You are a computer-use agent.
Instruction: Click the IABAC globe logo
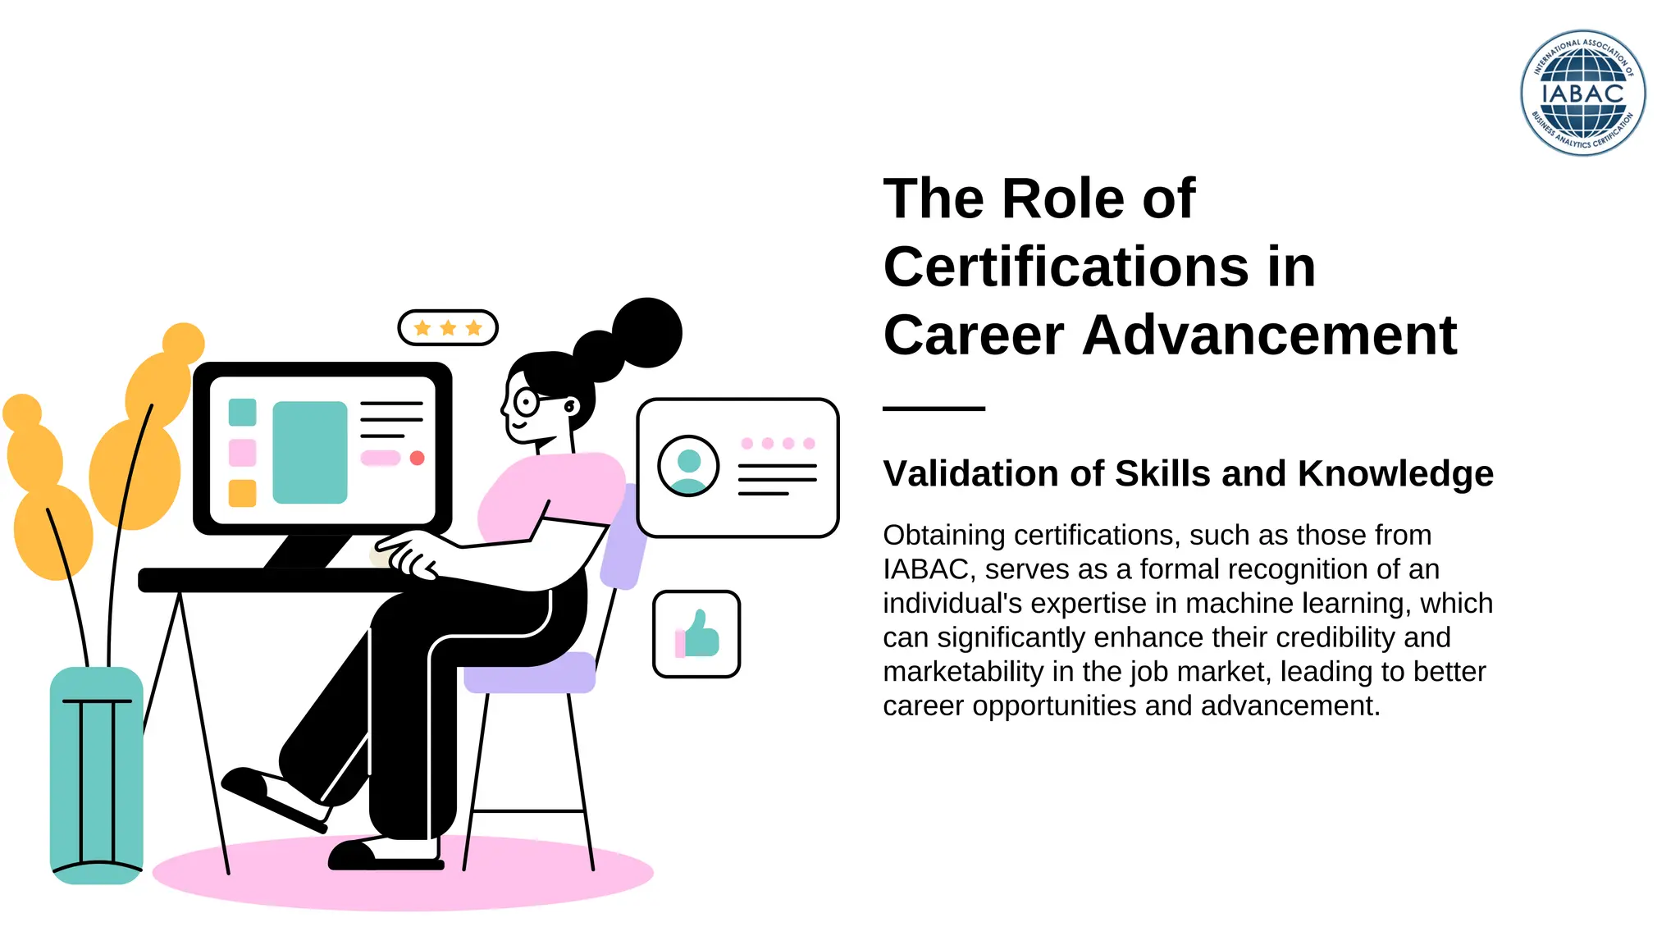(x=1582, y=93)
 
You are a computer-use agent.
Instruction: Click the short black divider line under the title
(x=934, y=408)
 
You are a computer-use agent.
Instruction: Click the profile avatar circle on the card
(x=688, y=466)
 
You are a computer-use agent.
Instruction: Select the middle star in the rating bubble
(x=448, y=328)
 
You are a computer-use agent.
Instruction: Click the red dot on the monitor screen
(x=417, y=458)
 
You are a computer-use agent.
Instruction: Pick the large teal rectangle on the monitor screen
(x=310, y=452)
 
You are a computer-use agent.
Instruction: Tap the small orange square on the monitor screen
(x=242, y=493)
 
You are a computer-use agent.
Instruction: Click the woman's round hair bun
(x=647, y=332)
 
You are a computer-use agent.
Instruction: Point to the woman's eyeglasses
(x=526, y=402)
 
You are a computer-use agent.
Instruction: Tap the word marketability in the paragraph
(x=963, y=672)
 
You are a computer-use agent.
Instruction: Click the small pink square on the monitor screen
(x=242, y=452)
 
